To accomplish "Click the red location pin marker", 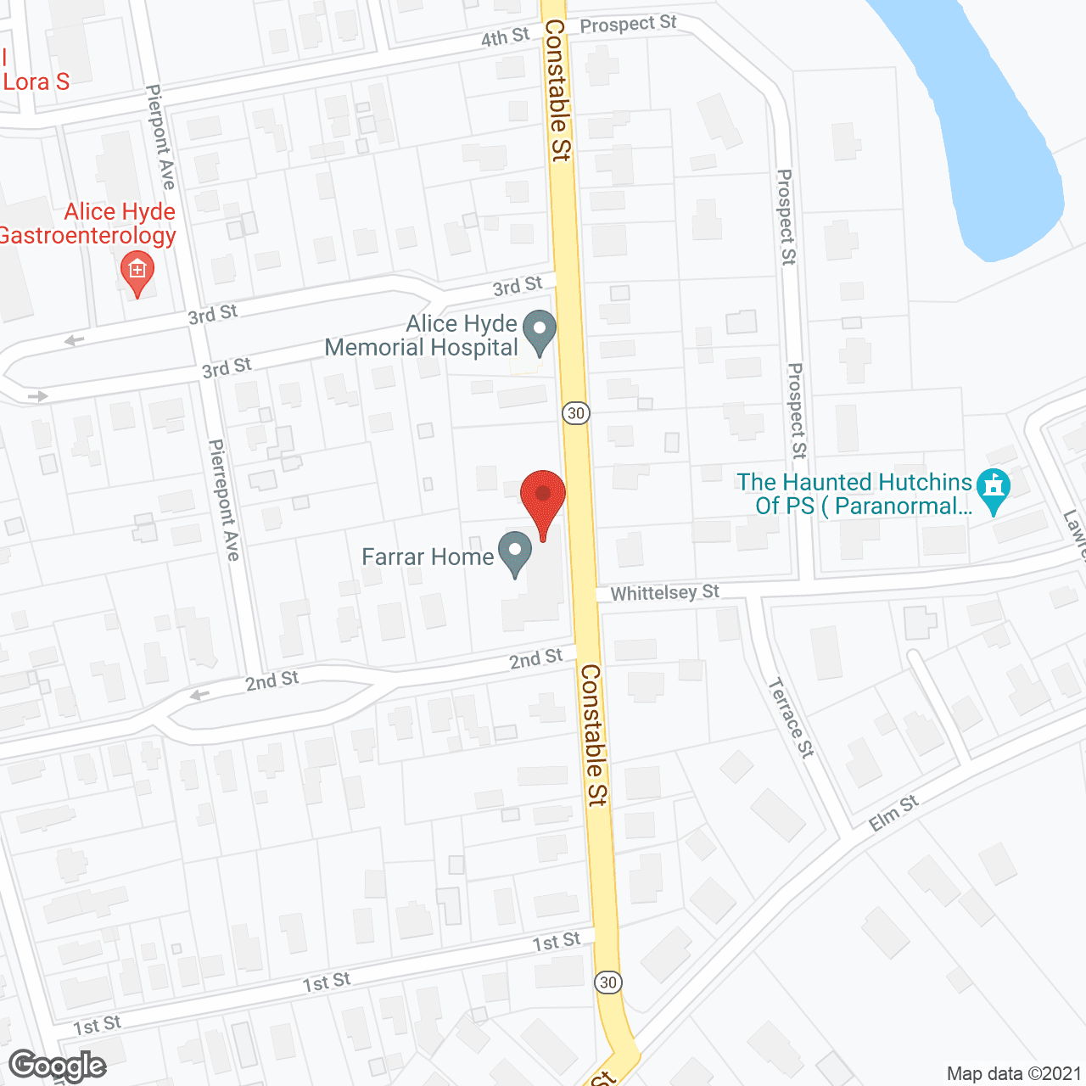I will (542, 495).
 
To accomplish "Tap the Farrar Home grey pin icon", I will (514, 552).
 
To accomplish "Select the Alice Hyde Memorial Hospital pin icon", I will (538, 332).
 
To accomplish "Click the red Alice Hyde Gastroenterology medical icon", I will (137, 271).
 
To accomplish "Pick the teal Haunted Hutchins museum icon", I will (994, 490).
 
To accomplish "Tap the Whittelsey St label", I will (664, 592).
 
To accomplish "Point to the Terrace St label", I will (791, 717).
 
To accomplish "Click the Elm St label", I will (893, 813).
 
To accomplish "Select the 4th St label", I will (505, 37).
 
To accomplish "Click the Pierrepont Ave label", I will (225, 500).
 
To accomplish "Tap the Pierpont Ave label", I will (160, 137).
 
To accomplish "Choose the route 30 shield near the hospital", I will (576, 413).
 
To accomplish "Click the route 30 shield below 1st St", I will (607, 982).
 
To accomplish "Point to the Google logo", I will (58, 1065).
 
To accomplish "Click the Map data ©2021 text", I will (1013, 1073).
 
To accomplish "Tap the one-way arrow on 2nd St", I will (199, 696).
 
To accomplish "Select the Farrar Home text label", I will (428, 557).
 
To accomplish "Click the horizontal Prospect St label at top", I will (628, 24).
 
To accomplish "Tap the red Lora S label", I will (36, 81).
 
